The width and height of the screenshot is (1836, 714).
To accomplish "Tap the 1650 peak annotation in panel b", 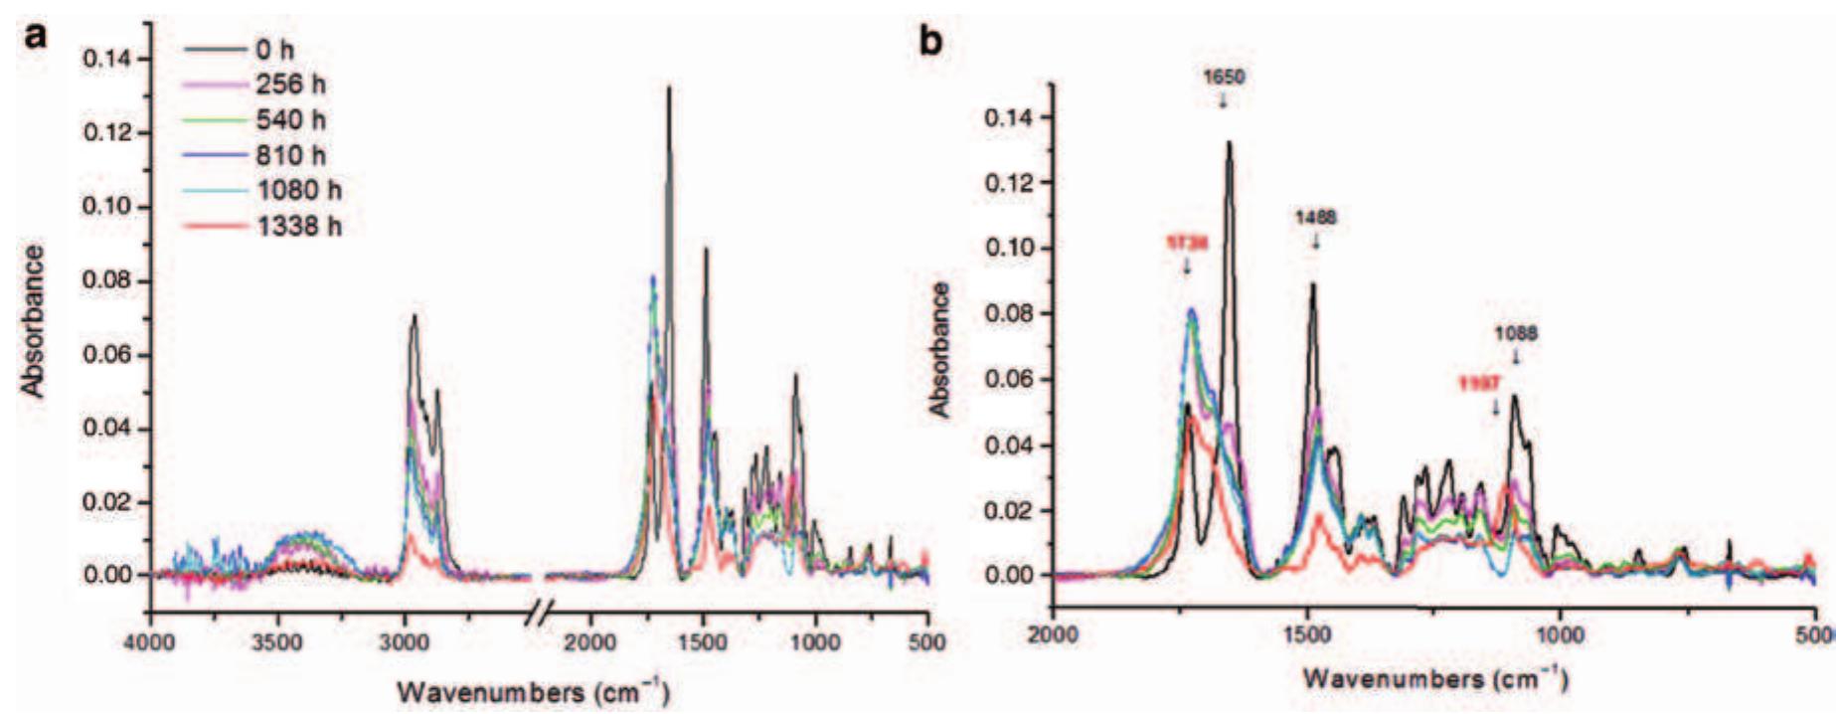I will point(1223,78).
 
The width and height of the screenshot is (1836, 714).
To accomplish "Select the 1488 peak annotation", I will point(1315,217).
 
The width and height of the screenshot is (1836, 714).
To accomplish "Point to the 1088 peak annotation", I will point(1516,334).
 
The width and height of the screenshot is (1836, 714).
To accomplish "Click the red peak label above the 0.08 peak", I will point(1187,242).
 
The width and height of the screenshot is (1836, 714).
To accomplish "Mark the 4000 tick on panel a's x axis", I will point(151,641).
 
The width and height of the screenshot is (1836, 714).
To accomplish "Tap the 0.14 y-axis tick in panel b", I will point(1008,118).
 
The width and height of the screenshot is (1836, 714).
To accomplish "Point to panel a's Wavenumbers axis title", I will point(533,690).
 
